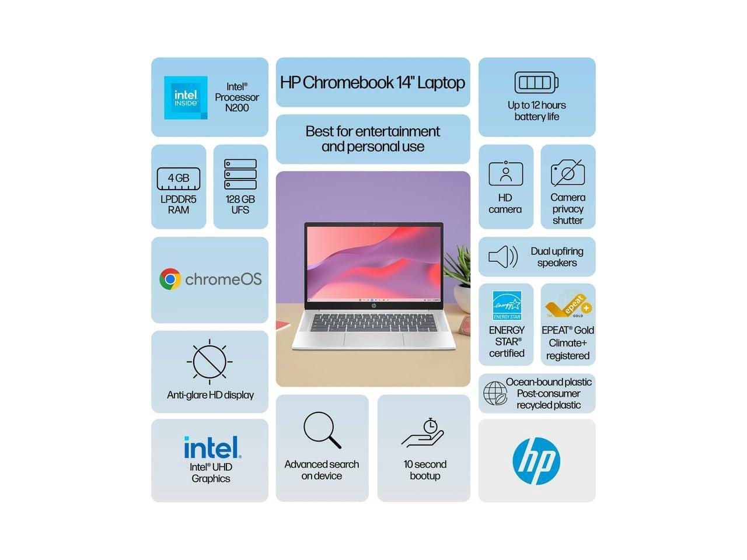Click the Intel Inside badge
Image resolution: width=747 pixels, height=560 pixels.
click(186, 97)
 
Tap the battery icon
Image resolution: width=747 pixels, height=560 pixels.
click(536, 83)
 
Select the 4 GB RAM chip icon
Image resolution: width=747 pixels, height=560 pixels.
click(179, 178)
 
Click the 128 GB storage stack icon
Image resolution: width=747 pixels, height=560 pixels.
click(240, 174)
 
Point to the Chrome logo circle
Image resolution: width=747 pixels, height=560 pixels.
click(170, 279)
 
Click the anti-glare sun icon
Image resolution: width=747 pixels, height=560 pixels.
click(210, 362)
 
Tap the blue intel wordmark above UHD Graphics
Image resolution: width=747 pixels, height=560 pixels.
click(212, 448)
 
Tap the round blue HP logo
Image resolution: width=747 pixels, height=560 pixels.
click(536, 461)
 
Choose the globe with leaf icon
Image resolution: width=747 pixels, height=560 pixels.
click(495, 394)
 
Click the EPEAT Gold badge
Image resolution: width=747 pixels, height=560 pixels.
click(568, 304)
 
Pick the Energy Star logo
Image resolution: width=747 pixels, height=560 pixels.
click(507, 305)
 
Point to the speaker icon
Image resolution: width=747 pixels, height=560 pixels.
click(502, 257)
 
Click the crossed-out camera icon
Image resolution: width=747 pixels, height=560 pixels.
click(568, 173)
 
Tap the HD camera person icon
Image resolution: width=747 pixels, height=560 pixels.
click(505, 173)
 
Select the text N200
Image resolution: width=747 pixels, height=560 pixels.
click(237, 108)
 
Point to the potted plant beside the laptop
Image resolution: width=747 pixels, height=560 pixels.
click(459, 274)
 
